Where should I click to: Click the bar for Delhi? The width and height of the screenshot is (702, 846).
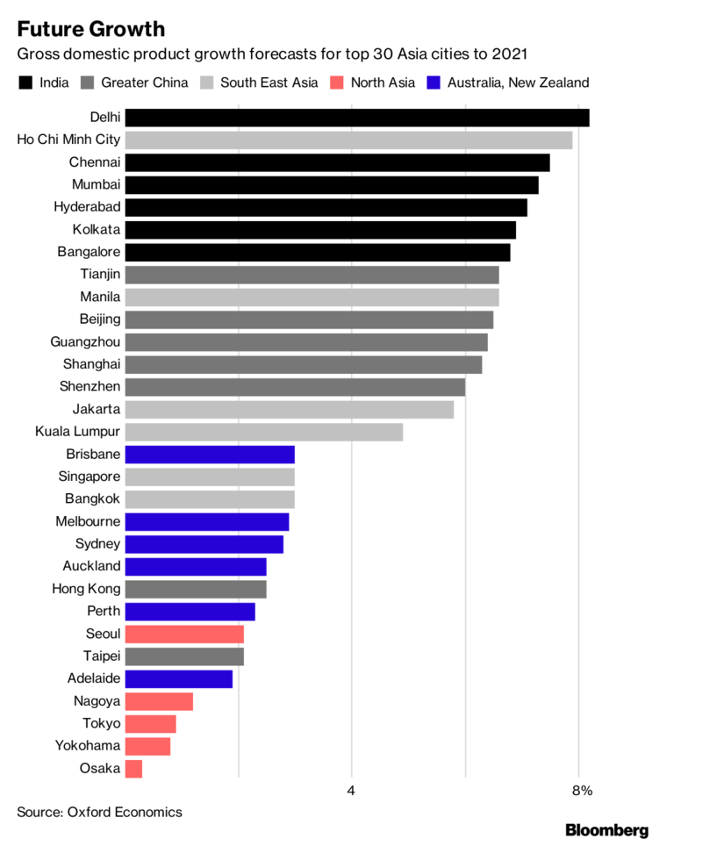pyautogui.click(x=356, y=118)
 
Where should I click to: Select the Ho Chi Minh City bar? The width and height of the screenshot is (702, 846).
pyautogui.click(x=348, y=140)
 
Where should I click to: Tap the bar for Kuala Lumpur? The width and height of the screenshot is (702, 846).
pyautogui.click(x=263, y=432)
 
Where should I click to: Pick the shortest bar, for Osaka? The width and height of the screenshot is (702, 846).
pyautogui.click(x=133, y=769)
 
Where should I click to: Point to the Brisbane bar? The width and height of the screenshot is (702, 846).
pyautogui.click(x=210, y=455)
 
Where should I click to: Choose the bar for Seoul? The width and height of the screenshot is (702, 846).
pyautogui.click(x=184, y=634)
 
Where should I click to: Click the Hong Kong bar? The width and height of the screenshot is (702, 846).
pyautogui.click(x=196, y=589)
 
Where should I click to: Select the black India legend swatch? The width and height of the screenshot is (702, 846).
pyautogui.click(x=25, y=83)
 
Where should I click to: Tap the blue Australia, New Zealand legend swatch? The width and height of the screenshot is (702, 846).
pyautogui.click(x=432, y=83)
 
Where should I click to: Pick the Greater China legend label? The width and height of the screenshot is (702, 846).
pyautogui.click(x=144, y=83)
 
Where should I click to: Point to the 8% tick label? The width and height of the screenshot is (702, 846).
pyautogui.click(x=582, y=791)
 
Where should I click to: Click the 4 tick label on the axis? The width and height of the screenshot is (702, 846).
pyautogui.click(x=351, y=791)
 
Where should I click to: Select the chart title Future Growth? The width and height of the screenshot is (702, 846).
pyautogui.click(x=90, y=29)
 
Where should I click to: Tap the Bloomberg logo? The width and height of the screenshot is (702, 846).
pyautogui.click(x=606, y=829)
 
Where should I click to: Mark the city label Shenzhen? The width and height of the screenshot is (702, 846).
pyautogui.click(x=91, y=387)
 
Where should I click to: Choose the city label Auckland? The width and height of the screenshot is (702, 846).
pyautogui.click(x=91, y=567)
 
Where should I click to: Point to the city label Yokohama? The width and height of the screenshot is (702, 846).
pyautogui.click(x=88, y=746)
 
